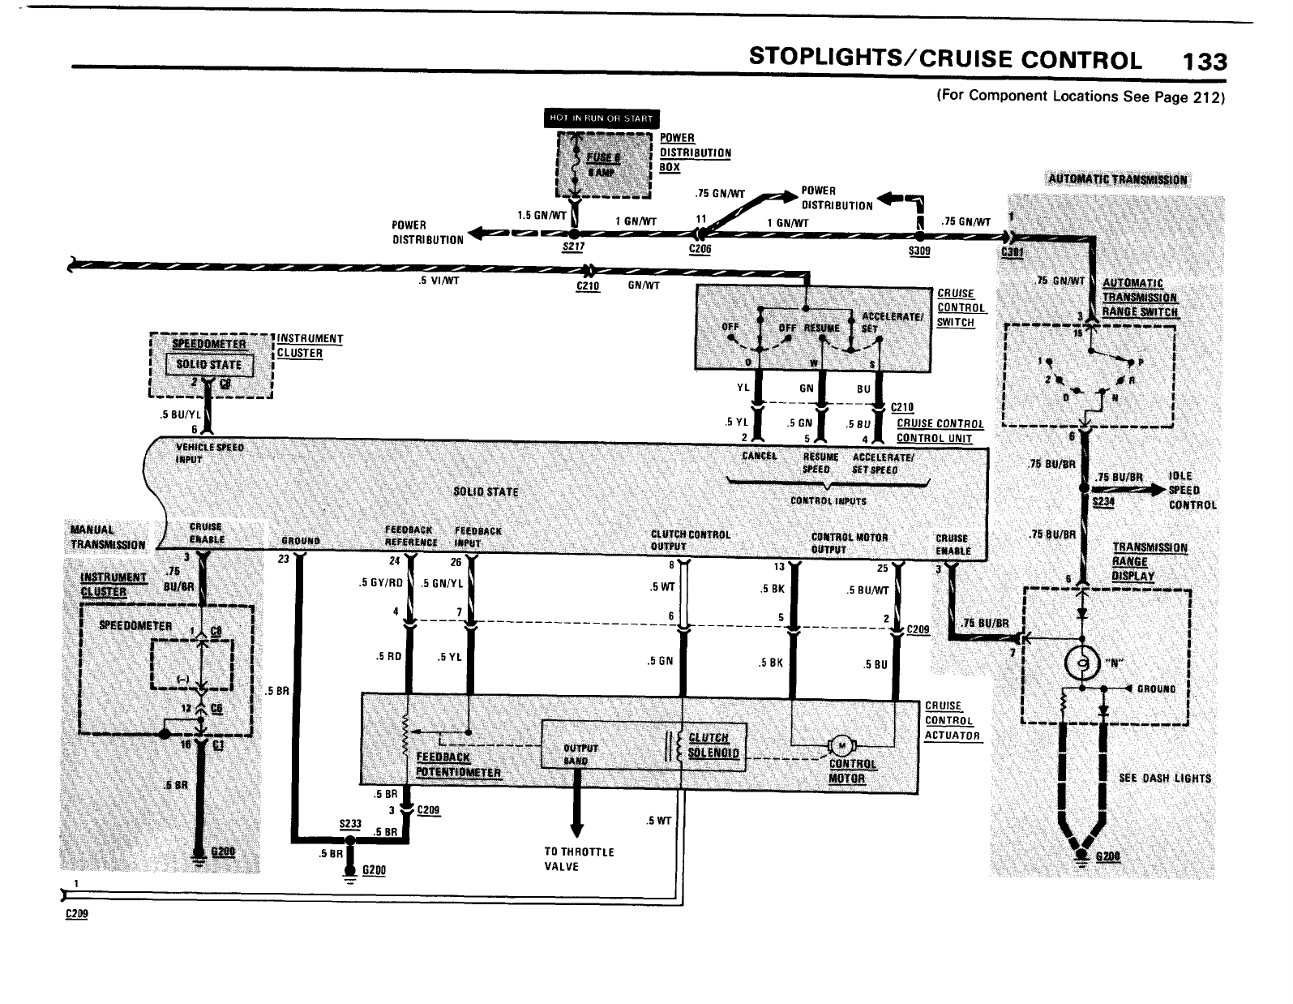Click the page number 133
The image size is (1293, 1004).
1205,62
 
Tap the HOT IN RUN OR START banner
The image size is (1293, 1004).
601,118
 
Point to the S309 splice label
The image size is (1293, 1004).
919,251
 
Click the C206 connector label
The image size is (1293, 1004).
699,249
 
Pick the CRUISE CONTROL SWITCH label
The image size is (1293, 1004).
961,307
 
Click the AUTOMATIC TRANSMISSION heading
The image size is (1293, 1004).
1117,180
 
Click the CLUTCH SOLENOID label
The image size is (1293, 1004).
713,744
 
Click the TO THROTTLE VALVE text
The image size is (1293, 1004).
579,859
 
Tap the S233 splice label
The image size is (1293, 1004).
349,822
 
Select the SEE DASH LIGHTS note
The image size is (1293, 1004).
1164,778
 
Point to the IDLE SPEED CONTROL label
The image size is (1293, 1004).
1192,490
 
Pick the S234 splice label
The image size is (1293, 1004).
1102,502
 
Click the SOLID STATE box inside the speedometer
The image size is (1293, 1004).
209,365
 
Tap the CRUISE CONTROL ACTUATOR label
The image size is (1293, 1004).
952,720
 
